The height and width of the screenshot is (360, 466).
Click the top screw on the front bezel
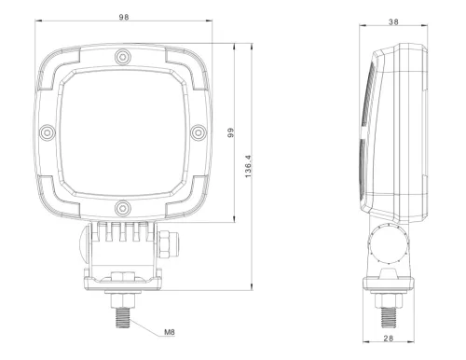coord(120,60)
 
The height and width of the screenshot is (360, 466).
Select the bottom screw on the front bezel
coord(120,205)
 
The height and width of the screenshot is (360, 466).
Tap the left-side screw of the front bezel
coord(48,132)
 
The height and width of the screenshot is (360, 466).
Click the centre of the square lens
coord(120,132)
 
